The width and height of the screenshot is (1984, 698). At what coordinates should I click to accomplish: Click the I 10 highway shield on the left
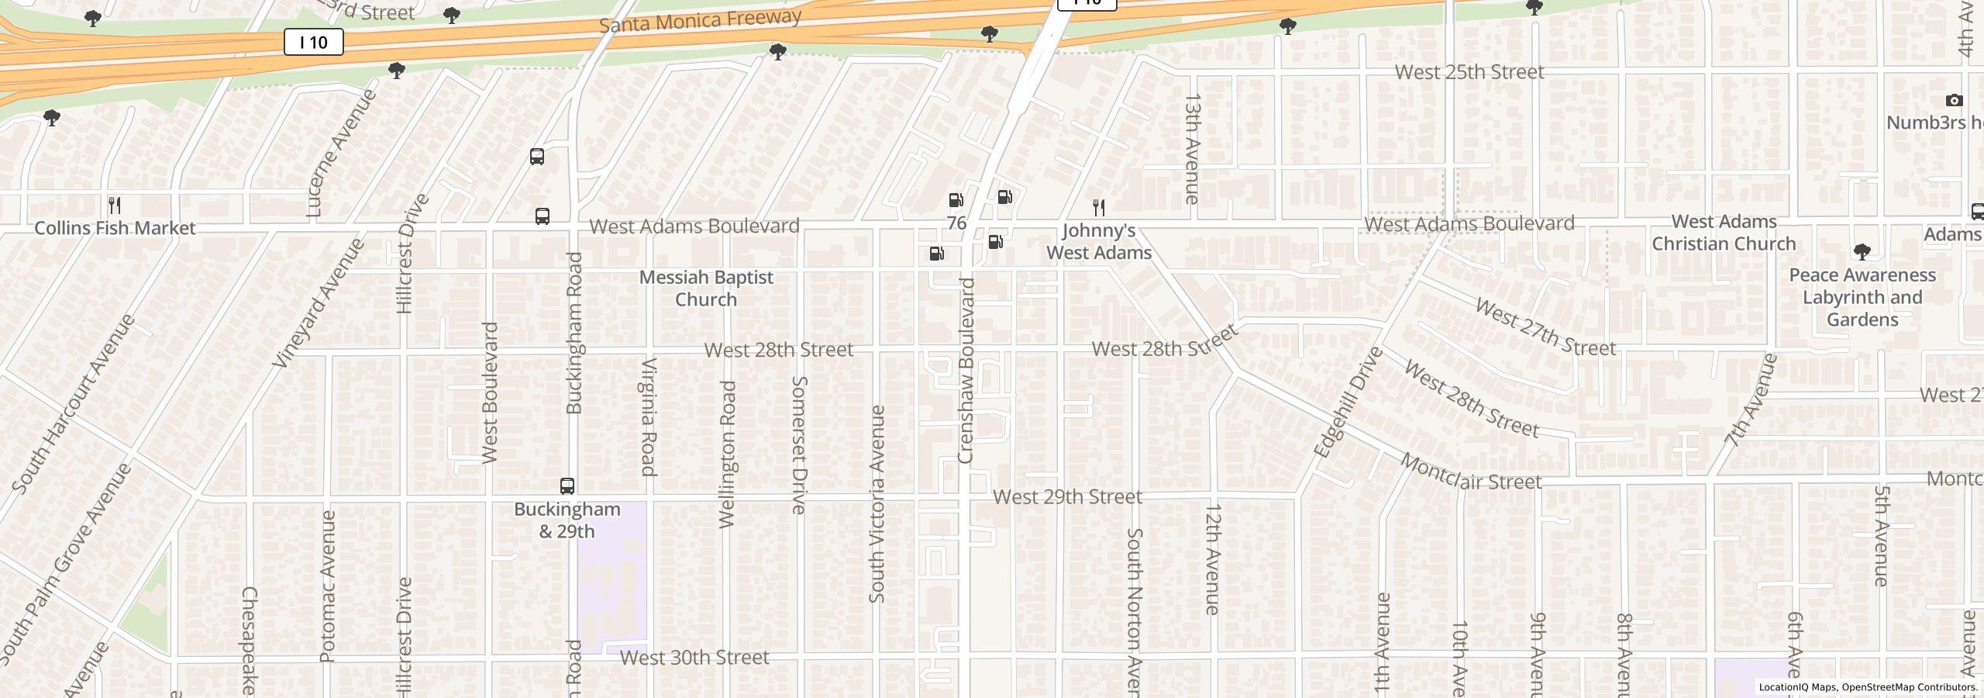click(x=313, y=42)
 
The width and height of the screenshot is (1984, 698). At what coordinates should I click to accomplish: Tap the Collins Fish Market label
click(x=115, y=228)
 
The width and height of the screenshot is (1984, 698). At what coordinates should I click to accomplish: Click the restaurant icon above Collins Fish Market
click(x=115, y=206)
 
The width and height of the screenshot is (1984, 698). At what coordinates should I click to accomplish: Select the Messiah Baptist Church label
click(x=706, y=288)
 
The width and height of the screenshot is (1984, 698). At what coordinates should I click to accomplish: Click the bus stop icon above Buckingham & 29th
click(x=567, y=486)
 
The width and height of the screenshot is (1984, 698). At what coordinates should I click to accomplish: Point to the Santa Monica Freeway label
click(x=699, y=21)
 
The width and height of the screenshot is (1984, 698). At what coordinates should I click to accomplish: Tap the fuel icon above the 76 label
click(x=956, y=201)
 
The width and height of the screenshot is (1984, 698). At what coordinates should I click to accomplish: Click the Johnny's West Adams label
click(x=1099, y=241)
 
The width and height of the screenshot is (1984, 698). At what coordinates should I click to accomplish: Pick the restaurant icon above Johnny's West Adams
click(x=1098, y=207)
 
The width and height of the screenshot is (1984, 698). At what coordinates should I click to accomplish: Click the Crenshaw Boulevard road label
click(x=966, y=371)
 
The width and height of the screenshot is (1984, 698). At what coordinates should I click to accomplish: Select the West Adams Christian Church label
click(x=1724, y=233)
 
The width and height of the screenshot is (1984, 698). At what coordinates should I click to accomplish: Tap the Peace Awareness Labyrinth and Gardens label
click(x=1862, y=297)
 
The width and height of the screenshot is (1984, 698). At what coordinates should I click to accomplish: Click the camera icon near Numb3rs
click(x=1954, y=101)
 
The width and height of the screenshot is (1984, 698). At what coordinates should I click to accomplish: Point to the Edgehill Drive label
click(x=1348, y=402)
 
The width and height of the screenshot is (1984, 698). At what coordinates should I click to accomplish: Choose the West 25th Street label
click(x=1469, y=72)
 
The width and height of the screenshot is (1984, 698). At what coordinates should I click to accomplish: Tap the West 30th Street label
click(x=694, y=658)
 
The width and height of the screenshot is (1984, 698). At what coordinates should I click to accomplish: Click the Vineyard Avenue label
click(x=319, y=302)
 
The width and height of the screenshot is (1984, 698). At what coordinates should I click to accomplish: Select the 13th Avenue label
click(x=1192, y=149)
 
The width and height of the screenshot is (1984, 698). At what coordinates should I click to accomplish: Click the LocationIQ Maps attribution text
click(x=1868, y=687)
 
